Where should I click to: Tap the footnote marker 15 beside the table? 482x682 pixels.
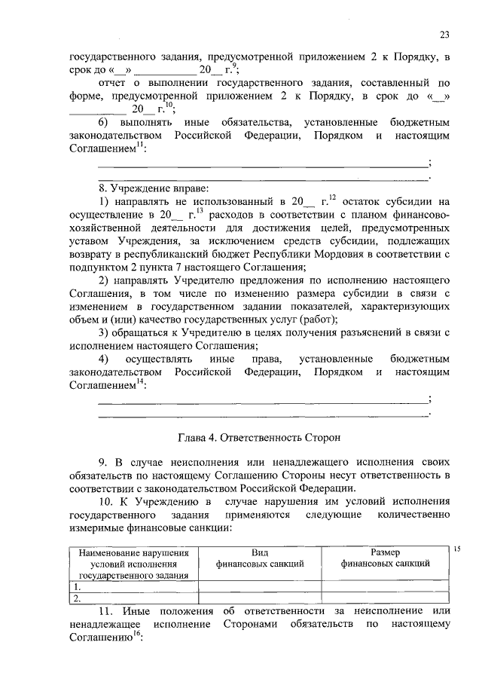coord(457,549)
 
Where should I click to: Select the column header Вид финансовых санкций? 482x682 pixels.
coord(260,558)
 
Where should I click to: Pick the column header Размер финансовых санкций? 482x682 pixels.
coord(385,558)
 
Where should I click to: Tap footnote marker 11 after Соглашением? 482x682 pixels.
coord(140,146)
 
